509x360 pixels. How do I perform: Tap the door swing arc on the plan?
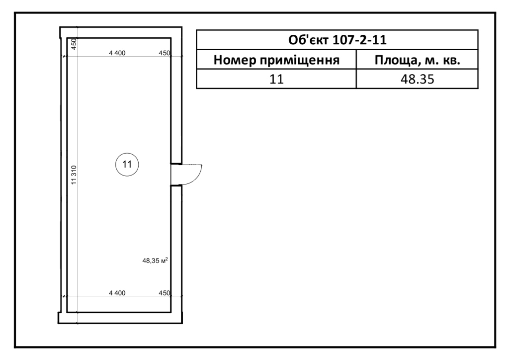pos(197,177)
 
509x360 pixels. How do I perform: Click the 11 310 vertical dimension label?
pos(74,175)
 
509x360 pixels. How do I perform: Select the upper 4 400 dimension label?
pos(117,53)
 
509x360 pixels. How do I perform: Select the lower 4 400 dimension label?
pos(117,293)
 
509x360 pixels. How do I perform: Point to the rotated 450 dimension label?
pos(74,44)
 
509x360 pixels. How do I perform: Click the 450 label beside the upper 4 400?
pos(164,53)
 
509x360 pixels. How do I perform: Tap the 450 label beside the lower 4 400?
pos(164,293)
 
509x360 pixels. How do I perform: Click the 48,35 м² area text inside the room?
pos(155,261)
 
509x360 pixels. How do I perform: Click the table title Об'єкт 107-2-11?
pos(338,40)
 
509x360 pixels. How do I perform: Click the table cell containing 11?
pos(276,79)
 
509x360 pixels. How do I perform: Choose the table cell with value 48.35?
pos(418,79)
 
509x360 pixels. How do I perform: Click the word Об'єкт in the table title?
pos(308,40)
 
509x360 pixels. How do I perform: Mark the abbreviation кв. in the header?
pos(451,61)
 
